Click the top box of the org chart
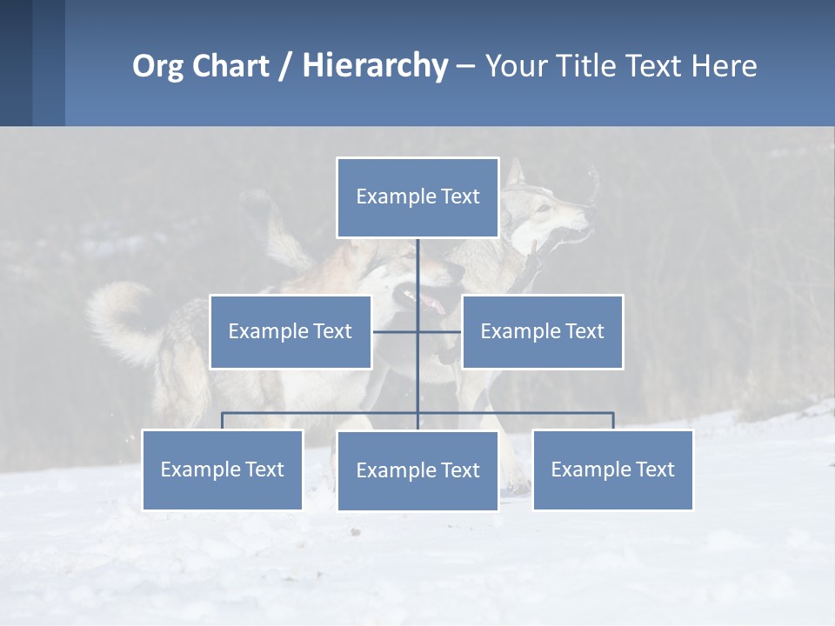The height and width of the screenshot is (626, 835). pos(417,197)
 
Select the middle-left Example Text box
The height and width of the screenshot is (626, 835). pos(290,331)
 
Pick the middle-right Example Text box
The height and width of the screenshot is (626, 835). pos(542,331)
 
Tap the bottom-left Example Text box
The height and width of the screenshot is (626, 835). pos(222,469)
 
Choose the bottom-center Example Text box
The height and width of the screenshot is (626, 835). pos(417,470)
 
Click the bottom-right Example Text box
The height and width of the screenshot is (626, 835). pos(612,469)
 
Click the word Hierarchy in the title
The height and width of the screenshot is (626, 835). pos(374,65)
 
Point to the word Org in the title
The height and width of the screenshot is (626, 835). pos(157,66)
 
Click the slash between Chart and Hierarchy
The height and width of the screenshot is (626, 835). pos(285,67)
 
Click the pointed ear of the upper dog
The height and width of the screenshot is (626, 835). pos(516,171)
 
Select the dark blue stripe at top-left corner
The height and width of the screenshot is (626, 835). pos(16,63)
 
